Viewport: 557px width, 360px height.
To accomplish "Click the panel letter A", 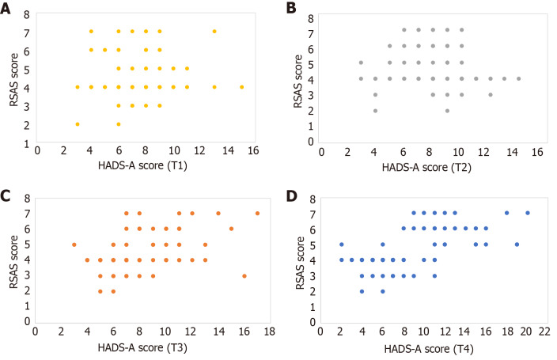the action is (6, 8).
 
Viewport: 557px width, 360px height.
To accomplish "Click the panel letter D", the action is (291, 196).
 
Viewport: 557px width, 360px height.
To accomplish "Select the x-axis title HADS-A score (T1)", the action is (142, 165).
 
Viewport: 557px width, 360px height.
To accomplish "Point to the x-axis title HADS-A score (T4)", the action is (429, 350).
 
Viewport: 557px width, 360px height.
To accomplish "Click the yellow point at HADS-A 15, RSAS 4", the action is (241, 87).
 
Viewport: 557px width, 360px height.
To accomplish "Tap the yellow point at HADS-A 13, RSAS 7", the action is (214, 32).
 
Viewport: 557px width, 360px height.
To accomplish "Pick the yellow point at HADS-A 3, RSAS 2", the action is (78, 124).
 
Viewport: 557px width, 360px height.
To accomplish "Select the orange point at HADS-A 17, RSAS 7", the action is (258, 213).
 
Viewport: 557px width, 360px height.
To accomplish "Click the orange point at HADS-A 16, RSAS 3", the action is (244, 276).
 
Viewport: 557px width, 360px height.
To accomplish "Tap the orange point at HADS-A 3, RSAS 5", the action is (74, 244).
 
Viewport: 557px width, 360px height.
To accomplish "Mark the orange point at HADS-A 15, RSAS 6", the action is (231, 229).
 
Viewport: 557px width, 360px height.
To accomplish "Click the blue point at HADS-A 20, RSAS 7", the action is (528, 213).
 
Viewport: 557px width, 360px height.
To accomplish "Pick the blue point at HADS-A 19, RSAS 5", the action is (517, 244).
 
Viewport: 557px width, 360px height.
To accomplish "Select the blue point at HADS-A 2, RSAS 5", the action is (341, 244).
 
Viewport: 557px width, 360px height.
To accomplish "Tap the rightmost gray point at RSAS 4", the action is (519, 78).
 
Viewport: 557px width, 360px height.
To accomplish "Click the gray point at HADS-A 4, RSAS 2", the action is (375, 111).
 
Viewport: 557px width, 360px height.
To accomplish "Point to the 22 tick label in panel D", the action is (544, 332).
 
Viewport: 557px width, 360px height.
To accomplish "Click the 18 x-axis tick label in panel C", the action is (269, 332).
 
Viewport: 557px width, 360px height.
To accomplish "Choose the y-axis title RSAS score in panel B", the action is (297, 81).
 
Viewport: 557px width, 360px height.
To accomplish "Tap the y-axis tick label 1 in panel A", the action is (27, 144).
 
